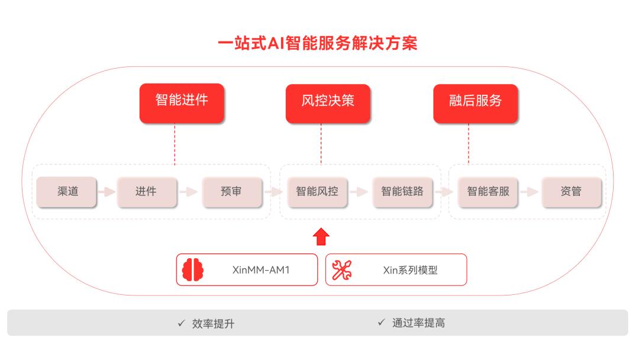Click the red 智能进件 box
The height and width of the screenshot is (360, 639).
[x=182, y=103]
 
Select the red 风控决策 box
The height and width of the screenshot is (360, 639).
[x=328, y=104]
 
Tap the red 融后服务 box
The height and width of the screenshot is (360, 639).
[x=476, y=104]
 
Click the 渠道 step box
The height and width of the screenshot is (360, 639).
[x=66, y=192]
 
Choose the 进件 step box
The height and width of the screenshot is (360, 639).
[x=147, y=192]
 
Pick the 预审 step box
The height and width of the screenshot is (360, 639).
[x=232, y=192]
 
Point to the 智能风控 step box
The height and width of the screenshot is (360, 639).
[x=318, y=192]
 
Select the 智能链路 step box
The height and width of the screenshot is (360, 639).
[x=403, y=192]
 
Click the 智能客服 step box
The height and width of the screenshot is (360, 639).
[x=488, y=192]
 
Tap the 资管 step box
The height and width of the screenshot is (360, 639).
[x=572, y=192]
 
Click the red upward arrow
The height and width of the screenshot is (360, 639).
[x=321, y=236]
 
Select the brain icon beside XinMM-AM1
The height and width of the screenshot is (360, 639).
[x=193, y=270]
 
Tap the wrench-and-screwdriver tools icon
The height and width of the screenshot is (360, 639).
[x=341, y=270]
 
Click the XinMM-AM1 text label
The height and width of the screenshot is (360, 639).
[x=261, y=270]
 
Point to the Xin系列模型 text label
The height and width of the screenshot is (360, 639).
[x=411, y=270]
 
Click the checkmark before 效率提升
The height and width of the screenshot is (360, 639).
[x=182, y=323]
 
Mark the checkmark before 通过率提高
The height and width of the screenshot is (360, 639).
[x=381, y=323]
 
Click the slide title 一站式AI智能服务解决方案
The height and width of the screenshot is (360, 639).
[x=318, y=43]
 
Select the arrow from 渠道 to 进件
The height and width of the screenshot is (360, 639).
[x=106, y=192]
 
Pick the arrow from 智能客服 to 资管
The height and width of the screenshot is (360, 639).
[x=530, y=192]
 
